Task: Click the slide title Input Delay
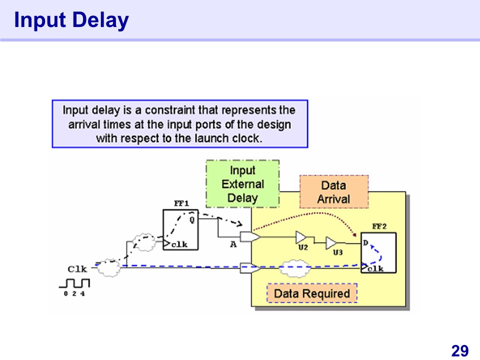click(x=71, y=20)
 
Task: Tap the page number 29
click(x=459, y=350)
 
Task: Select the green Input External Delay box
click(x=242, y=183)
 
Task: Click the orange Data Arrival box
click(x=333, y=192)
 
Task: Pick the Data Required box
click(x=312, y=293)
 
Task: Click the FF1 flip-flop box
click(x=180, y=230)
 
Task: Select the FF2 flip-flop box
click(x=378, y=252)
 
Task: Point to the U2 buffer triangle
click(x=301, y=236)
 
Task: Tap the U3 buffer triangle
click(x=331, y=243)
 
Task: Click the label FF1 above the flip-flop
click(x=181, y=204)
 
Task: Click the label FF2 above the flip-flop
click(x=379, y=226)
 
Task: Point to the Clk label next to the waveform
click(x=77, y=269)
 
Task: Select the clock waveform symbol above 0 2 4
click(x=74, y=283)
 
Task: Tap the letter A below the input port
click(x=233, y=245)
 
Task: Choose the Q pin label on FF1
click(x=192, y=219)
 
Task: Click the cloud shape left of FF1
click(x=144, y=241)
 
